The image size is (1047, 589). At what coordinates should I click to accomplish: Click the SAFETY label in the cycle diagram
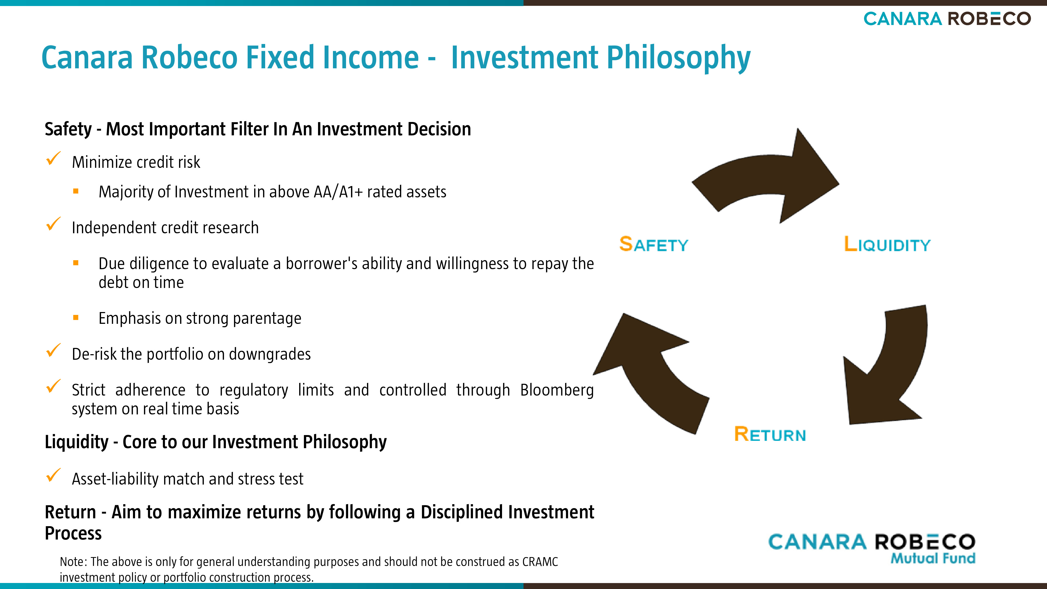click(654, 244)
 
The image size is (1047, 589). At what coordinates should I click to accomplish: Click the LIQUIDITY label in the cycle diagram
click(887, 244)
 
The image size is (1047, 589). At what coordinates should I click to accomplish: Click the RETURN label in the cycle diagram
click(770, 434)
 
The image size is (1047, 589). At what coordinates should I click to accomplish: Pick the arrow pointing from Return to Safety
click(650, 374)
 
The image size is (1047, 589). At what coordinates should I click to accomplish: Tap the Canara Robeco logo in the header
click(947, 19)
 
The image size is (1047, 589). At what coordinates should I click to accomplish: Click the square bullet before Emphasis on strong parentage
click(76, 318)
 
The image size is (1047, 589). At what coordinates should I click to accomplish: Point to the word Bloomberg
click(557, 390)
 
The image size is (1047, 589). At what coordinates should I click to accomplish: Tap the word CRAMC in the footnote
click(540, 562)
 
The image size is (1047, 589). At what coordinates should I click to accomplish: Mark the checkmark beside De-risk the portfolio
click(53, 351)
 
